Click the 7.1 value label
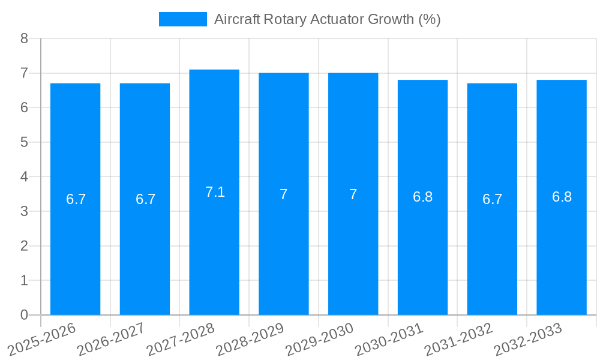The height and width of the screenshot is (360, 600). coord(215,192)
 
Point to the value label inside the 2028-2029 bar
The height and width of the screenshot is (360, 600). coord(284,194)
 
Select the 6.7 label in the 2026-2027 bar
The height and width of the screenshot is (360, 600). coord(145,199)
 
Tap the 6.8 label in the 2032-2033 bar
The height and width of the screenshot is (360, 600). coord(562,197)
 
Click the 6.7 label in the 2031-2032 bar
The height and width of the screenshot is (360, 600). coord(492,199)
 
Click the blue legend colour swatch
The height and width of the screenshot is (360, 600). coord(182,19)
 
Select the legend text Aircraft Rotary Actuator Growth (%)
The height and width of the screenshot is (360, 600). coord(327,19)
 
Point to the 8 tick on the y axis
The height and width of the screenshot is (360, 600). coord(24,38)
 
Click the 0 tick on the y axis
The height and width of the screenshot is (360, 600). coord(24,315)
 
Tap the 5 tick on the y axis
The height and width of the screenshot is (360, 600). coord(24,142)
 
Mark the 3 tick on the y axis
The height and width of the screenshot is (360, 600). coord(24,211)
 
